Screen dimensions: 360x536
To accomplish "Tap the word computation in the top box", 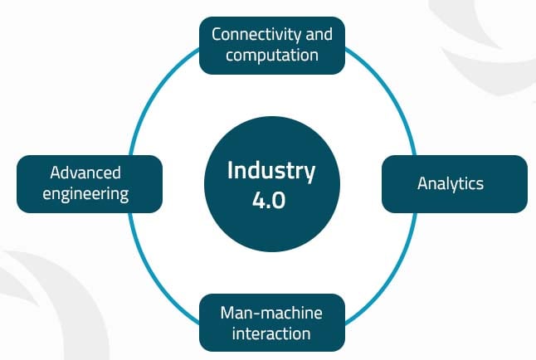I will (271, 56).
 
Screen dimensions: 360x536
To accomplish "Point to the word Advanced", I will (85, 173).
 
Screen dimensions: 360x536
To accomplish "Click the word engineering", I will (89, 194).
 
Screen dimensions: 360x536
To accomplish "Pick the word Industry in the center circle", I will (271, 172).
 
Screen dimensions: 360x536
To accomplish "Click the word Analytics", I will (450, 183).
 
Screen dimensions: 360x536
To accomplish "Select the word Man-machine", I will (271, 313).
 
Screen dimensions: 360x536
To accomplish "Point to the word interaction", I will (271, 333).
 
